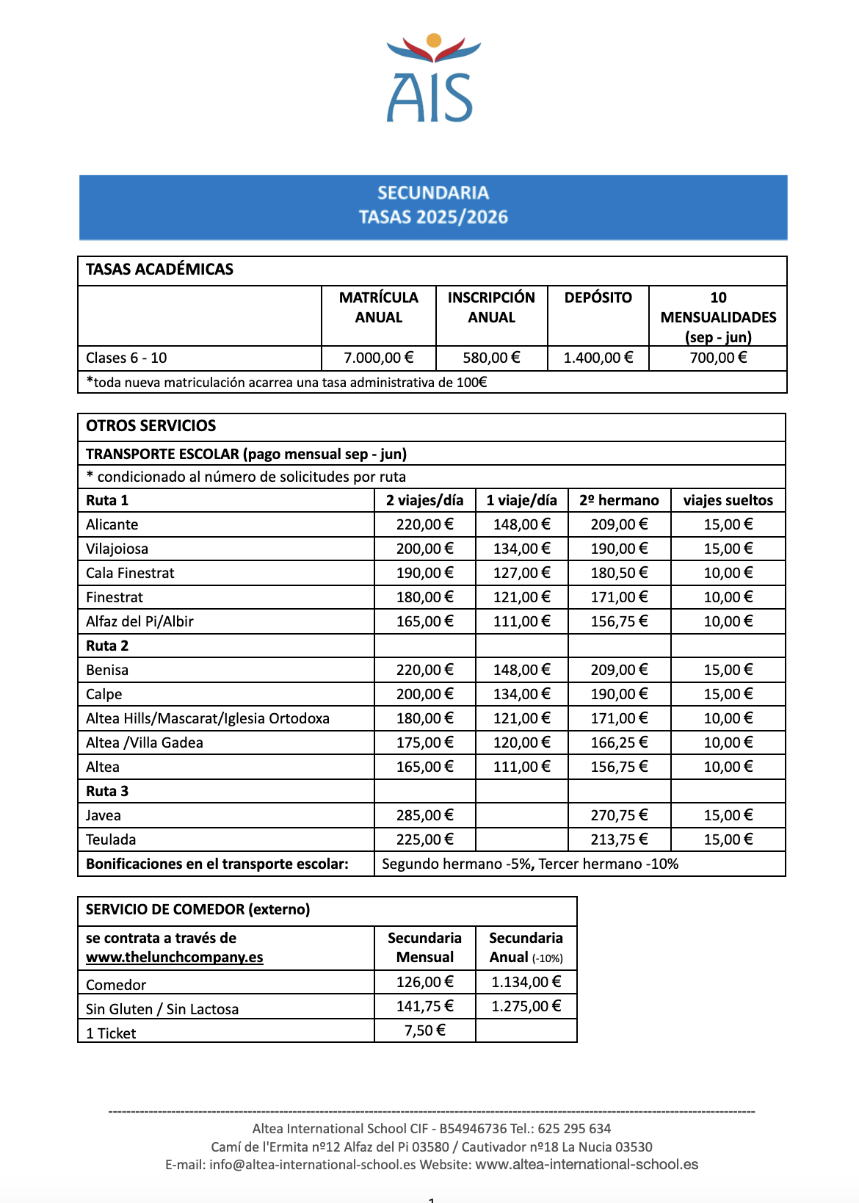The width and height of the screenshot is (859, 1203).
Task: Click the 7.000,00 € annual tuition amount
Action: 378,358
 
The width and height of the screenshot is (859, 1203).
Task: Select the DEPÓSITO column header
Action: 598,297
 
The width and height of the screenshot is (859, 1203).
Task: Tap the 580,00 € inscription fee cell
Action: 491,358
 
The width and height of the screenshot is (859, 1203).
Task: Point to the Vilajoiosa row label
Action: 117,549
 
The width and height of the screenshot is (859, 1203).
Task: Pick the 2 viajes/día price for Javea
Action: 424,815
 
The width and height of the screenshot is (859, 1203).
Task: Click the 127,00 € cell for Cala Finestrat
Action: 521,573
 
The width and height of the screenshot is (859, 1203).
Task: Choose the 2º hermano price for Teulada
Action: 619,839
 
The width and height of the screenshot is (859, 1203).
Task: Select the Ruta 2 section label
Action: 107,646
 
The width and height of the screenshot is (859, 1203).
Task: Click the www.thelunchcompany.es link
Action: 174,957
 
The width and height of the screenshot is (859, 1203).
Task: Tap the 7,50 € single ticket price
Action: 424,1030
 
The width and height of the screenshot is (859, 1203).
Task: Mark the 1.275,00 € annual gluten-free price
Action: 526,1006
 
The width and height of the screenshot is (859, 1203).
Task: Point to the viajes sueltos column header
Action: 728,500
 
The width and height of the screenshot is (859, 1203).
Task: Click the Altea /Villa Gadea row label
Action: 145,743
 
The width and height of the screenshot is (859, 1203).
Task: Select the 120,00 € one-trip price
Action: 521,743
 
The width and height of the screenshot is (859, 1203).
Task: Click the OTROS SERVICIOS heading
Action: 151,426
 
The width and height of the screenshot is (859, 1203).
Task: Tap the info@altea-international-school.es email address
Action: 313,1165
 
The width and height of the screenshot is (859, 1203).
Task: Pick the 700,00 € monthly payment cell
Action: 718,358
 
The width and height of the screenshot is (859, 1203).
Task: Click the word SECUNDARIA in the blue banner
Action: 432,192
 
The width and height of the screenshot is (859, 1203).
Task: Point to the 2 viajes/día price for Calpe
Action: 424,694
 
